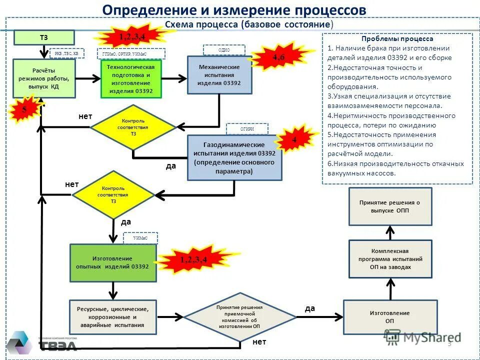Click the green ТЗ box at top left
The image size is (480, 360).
(x=44, y=37)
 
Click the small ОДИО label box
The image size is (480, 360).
(x=224, y=49)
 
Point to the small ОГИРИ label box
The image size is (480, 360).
(x=247, y=129)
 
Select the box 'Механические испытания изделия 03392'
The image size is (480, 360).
(x=219, y=75)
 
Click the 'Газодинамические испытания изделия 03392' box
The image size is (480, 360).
(x=234, y=157)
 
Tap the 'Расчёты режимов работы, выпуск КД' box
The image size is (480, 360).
(x=44, y=78)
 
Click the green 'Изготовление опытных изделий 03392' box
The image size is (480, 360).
(x=113, y=263)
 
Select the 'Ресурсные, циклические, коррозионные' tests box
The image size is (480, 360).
(x=112, y=317)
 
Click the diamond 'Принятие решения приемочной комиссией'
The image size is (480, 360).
(x=239, y=317)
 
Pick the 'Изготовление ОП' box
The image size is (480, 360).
(x=390, y=317)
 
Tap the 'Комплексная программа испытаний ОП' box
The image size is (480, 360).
(x=390, y=259)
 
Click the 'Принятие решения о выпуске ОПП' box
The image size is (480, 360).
(x=390, y=206)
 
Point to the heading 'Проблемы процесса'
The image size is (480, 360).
(x=397, y=38)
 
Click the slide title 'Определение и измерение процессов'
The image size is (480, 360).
(x=234, y=10)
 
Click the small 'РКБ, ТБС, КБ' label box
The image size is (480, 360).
(x=66, y=53)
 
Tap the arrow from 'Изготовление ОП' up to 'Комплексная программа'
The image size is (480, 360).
(x=390, y=289)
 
